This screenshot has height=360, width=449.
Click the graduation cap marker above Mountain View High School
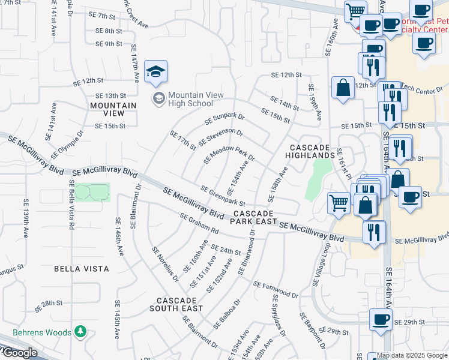coord(155,72)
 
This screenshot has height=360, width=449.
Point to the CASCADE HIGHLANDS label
coord(310,152)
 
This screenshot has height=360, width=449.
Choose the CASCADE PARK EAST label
coord(254,218)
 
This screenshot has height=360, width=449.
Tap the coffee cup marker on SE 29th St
coord(379,319)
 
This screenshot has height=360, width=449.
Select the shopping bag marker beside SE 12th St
coord(342,88)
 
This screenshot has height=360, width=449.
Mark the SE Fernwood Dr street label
coord(276,290)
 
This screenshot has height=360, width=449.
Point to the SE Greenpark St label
coord(223,195)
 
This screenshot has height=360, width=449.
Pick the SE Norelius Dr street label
coord(165,263)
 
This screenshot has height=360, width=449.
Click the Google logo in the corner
coord(19,353)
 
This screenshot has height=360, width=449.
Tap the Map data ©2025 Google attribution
coord(412,355)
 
